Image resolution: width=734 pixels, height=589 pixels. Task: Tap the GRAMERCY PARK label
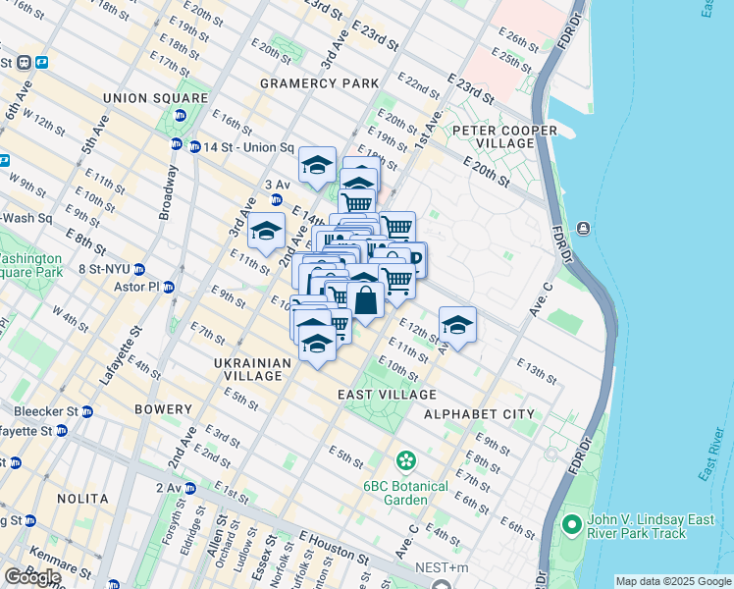[319, 84]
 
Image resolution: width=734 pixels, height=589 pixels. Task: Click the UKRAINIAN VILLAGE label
[253, 370]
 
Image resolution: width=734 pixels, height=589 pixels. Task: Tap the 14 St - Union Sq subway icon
[178, 144]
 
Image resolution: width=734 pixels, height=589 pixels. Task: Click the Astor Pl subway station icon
[168, 288]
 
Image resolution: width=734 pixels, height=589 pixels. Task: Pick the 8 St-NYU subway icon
[139, 269]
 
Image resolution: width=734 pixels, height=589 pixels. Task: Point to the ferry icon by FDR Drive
[584, 229]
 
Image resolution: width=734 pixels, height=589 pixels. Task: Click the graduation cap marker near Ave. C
[457, 324]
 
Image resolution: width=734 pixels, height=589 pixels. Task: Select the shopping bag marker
[365, 300]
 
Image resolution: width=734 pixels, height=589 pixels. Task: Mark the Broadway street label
[170, 198]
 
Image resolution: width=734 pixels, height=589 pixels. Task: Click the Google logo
[32, 577]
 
